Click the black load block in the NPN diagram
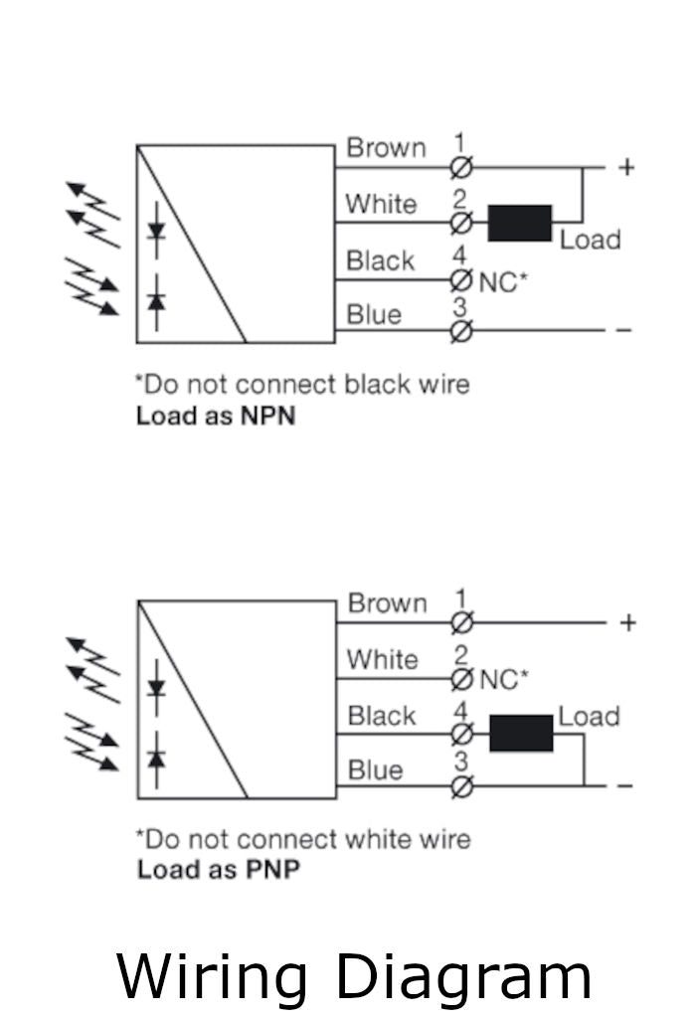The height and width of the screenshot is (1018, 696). [x=519, y=223]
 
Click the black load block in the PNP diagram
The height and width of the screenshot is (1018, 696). [x=521, y=734]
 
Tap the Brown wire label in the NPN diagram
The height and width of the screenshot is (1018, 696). [x=386, y=148]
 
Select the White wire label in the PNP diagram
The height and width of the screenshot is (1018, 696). [x=382, y=660]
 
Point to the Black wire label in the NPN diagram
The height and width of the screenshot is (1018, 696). [x=380, y=261]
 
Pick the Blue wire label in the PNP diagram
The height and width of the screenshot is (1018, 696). [x=375, y=770]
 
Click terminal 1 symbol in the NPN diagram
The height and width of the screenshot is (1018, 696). [x=460, y=167]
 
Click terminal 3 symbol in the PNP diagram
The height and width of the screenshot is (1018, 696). [x=461, y=787]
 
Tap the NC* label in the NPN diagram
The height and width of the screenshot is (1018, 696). [x=503, y=282]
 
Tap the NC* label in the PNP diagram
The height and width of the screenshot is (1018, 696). [x=504, y=680]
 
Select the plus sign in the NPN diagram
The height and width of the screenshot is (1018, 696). [x=626, y=167]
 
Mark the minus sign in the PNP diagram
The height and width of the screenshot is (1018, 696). [x=625, y=786]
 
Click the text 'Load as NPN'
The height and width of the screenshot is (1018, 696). [x=216, y=416]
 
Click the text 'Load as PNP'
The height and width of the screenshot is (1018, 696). [x=218, y=870]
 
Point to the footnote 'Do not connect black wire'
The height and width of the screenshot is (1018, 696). [x=302, y=384]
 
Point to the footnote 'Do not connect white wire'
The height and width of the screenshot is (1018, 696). [x=303, y=839]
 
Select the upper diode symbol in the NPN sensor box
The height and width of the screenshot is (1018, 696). [x=156, y=231]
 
